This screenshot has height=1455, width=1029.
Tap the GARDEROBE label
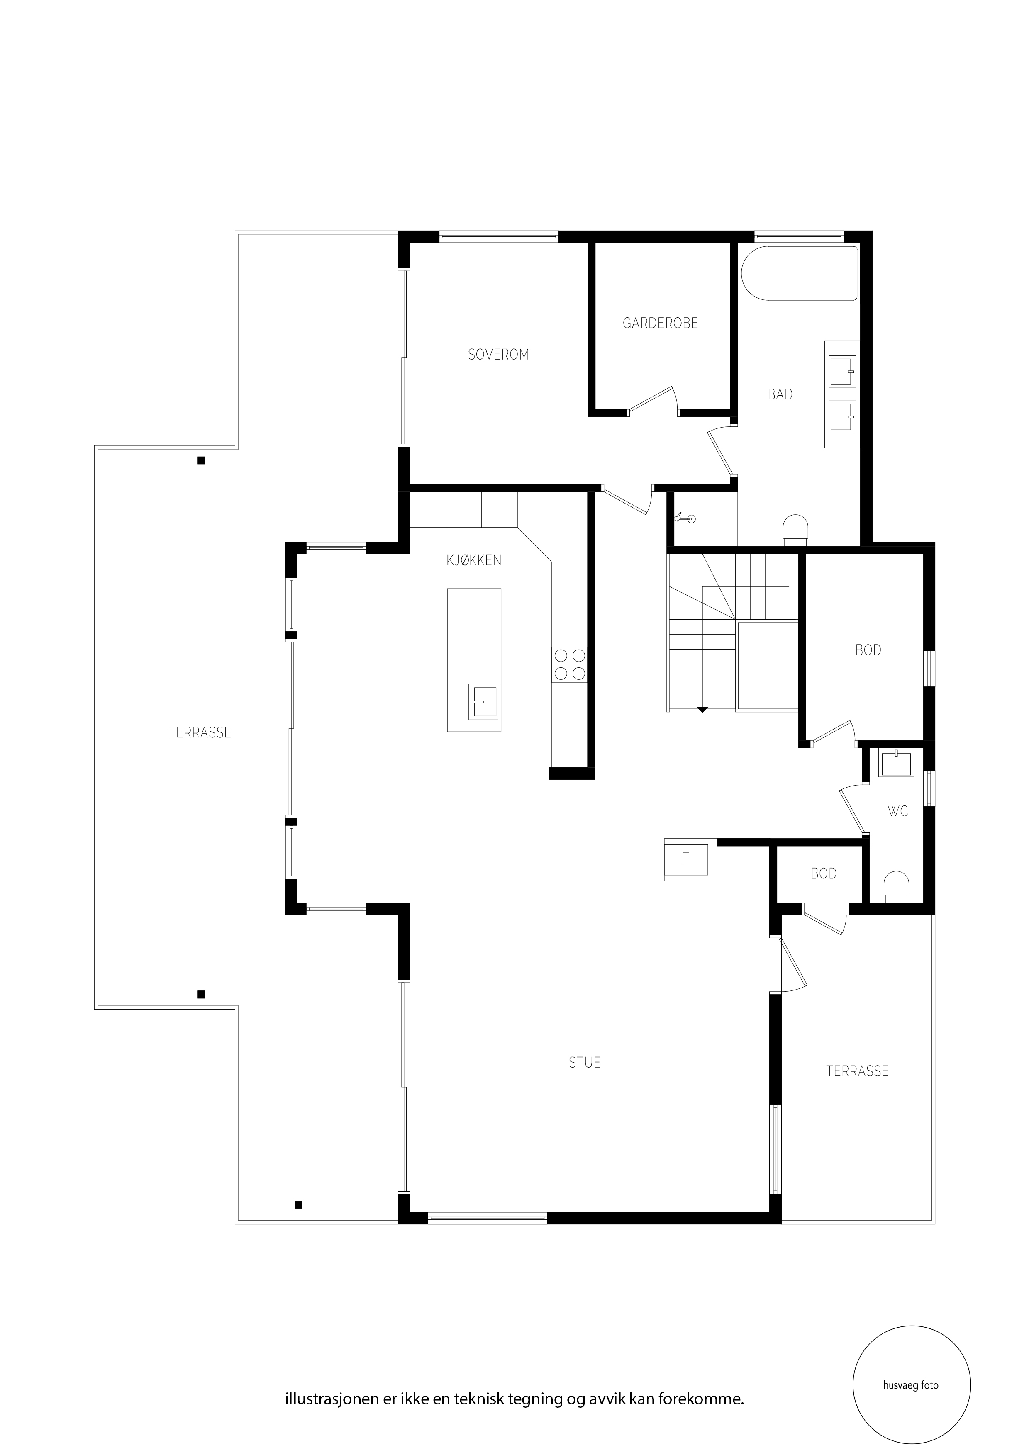pos(660,323)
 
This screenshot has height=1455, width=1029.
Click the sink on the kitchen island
pos(483,701)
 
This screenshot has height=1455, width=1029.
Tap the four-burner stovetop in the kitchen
pos(569,664)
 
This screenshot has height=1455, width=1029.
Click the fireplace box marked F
pos(685,859)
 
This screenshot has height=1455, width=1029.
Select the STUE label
pos(585,1063)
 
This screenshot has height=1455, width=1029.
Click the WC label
pos(898,811)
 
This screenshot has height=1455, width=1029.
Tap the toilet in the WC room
pos(896,886)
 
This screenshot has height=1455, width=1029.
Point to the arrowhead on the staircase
pos(702,710)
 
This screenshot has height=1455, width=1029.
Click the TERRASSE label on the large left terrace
pos(200,732)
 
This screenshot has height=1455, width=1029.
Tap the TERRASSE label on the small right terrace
pos(857,1071)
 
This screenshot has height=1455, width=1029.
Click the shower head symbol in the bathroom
pos(685,519)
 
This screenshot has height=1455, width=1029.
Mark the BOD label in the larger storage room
pos(868,650)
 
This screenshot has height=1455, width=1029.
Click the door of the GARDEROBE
pos(653,399)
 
